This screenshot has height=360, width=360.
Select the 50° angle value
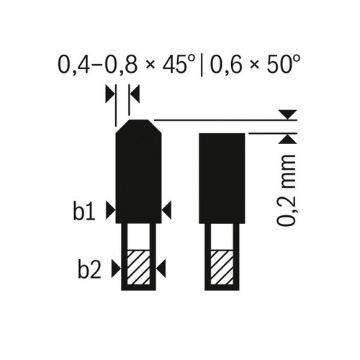pyautogui.click(x=283, y=64)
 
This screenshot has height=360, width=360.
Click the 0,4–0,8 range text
pyautogui.click(x=98, y=65)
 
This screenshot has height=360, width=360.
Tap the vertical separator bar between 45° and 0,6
pyautogui.click(x=202, y=65)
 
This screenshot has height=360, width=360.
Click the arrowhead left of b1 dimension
pyautogui.click(x=110, y=210)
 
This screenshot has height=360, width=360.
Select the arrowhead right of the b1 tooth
pyautogui.click(x=166, y=210)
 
